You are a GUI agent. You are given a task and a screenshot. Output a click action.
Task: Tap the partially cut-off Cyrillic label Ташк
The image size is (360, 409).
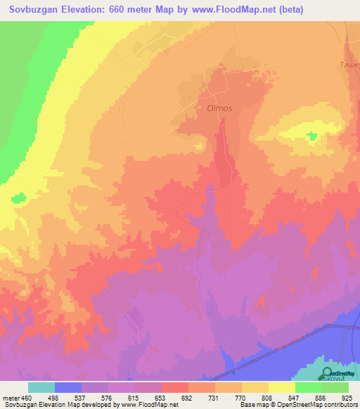tap(349, 64)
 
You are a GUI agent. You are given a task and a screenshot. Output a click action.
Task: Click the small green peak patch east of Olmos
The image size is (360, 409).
tap(311, 134)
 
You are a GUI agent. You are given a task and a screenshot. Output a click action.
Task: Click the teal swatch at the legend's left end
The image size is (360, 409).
tap(41, 387)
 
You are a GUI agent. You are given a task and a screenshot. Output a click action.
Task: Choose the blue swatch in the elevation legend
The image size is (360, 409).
tap(67, 387)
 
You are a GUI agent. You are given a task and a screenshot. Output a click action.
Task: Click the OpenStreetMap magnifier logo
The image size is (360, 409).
tap(328, 373)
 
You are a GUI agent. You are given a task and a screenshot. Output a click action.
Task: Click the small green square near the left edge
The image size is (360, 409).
tap(15, 197)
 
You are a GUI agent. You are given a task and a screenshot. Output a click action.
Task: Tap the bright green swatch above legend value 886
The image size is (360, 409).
tap(308, 387)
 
